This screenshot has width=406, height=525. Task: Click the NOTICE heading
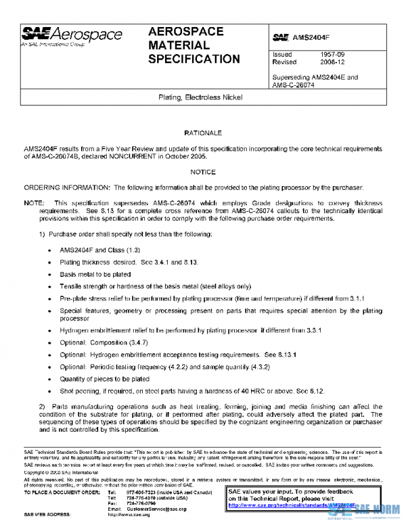(x=203, y=173)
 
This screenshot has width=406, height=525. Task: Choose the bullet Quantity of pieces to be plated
(x=104, y=380)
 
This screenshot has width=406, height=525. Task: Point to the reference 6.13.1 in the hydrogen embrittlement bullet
(x=285, y=355)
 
